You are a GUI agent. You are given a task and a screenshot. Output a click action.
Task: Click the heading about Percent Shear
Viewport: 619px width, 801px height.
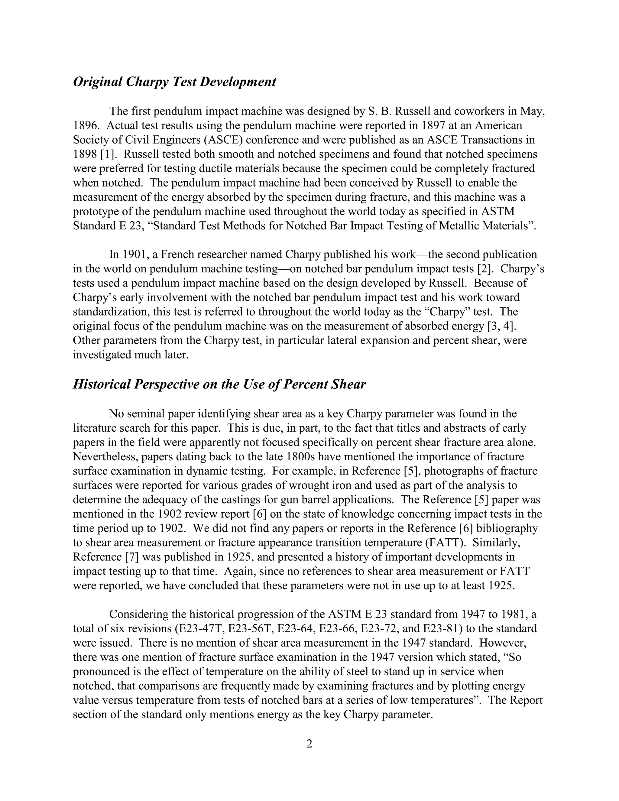click(x=219, y=384)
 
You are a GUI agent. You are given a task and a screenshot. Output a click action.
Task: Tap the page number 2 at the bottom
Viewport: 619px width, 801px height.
click(x=309, y=744)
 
